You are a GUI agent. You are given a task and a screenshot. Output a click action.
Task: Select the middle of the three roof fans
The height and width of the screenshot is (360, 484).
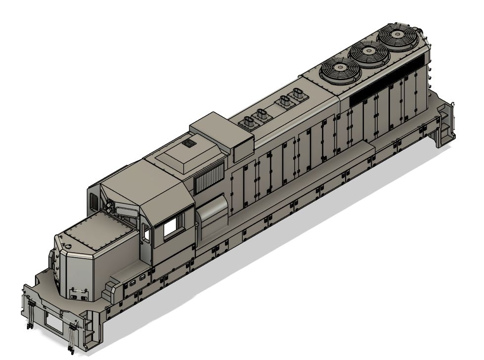click(x=369, y=52)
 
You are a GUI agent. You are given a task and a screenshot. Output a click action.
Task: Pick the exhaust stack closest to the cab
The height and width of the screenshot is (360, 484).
click(x=248, y=122)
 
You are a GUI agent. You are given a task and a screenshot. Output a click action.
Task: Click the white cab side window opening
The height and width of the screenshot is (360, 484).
click(x=171, y=227)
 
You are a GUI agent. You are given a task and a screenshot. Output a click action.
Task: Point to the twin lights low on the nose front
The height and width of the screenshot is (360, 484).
click(x=77, y=296)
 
